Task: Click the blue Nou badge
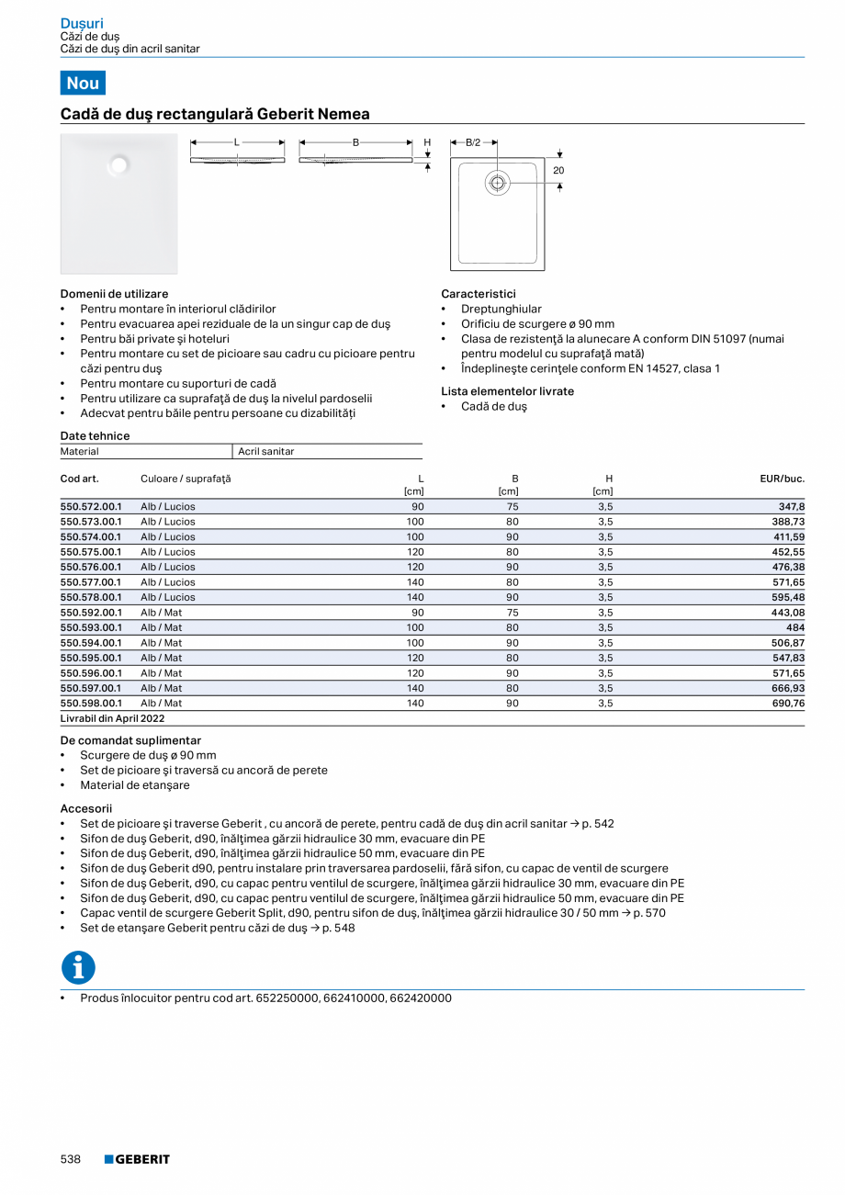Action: pos(83,83)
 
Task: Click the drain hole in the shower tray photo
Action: pos(118,165)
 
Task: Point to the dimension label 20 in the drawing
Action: pos(558,171)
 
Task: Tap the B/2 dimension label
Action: pos(473,143)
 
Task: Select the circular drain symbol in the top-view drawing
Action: pos(497,183)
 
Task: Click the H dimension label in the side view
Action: pos(427,143)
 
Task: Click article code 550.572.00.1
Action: pos(91,506)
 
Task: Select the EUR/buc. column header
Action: pos(782,479)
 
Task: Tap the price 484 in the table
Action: pos(794,627)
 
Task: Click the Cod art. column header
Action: pos(79,479)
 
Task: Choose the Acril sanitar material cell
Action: pos(266,452)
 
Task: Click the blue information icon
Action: pos(78,967)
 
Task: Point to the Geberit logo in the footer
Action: pos(137,1159)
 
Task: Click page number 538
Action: pos(71,1159)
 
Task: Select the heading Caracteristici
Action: pos(478,294)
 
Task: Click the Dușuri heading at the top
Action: pos(82,23)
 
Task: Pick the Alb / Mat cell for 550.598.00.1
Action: pos(161,704)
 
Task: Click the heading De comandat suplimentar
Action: pos(130,740)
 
